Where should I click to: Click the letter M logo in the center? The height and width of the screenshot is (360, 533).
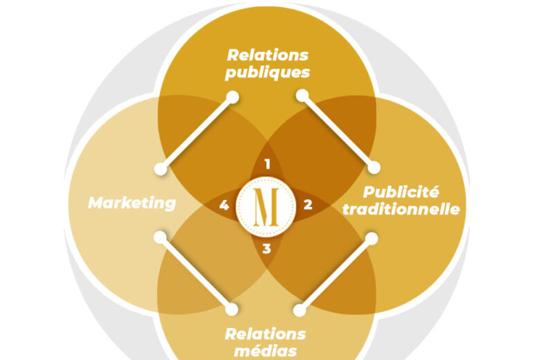click(x=266, y=206)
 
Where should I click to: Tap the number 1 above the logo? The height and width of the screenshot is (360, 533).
click(x=266, y=165)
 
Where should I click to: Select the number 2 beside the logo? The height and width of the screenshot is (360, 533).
click(x=308, y=205)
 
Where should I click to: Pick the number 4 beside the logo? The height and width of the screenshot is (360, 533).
click(x=224, y=205)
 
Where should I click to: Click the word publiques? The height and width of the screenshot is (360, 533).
click(x=267, y=72)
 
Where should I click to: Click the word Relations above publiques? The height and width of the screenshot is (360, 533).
click(x=267, y=55)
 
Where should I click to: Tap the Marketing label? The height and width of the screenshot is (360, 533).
click(x=132, y=203)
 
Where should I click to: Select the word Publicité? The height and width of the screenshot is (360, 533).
click(x=410, y=192)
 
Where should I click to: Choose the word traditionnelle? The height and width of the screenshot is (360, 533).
click(x=412, y=208)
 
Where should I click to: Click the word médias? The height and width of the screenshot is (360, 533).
click(x=266, y=351)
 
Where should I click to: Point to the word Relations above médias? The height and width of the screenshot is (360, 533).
click(x=266, y=334)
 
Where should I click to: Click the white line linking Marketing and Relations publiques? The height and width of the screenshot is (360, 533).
click(x=197, y=132)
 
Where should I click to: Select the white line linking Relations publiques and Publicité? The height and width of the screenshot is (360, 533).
click(x=338, y=131)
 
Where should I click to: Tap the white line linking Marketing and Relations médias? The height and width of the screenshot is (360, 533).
click(x=196, y=273)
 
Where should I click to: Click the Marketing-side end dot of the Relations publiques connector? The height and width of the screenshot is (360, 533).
click(x=161, y=168)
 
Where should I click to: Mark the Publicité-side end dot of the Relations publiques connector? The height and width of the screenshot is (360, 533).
click(x=374, y=168)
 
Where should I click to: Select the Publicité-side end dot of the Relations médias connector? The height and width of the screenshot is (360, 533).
click(x=371, y=238)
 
